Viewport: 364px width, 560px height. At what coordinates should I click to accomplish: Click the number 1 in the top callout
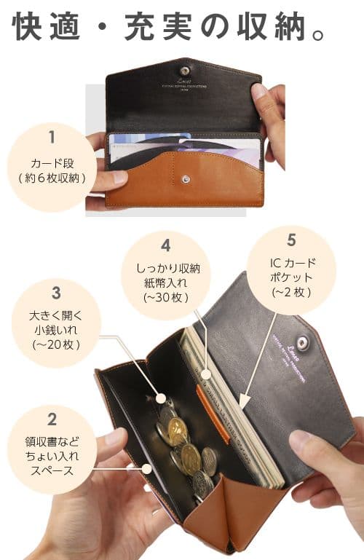52,136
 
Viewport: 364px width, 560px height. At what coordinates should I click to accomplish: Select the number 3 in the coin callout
56,293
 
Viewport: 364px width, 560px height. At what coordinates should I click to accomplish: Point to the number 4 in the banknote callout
166,245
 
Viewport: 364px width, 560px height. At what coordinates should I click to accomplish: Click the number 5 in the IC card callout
291,239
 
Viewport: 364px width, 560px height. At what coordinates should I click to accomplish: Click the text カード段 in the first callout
52,162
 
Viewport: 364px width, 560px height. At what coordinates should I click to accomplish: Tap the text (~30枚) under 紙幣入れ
166,297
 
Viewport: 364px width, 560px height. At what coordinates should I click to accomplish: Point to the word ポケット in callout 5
291,277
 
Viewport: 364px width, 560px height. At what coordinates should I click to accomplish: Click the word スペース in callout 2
52,470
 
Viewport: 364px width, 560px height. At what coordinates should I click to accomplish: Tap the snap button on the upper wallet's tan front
186,177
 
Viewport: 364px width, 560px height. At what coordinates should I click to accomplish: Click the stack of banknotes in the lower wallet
240,430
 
